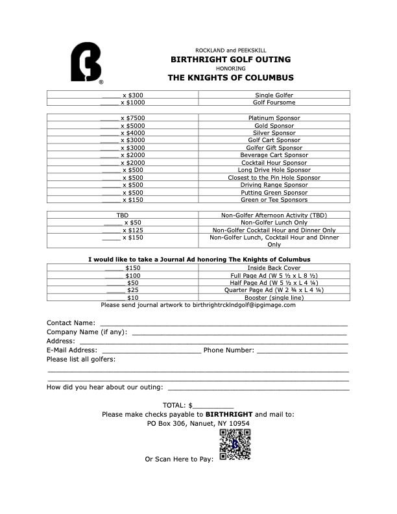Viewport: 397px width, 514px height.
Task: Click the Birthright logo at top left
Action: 86,63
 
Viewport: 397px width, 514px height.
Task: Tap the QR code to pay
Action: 234,445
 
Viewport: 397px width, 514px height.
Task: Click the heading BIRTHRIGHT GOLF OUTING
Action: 230,59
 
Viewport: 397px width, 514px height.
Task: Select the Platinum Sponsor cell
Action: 274,118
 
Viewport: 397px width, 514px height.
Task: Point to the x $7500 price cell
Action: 123,118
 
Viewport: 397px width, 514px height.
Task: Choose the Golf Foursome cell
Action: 274,103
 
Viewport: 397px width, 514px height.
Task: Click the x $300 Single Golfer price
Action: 123,95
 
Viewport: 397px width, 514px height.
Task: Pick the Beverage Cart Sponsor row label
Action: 274,155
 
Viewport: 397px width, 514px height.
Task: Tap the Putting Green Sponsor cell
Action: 274,193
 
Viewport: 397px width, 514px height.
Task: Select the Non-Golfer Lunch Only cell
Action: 274,222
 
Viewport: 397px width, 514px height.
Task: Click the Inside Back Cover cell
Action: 274,267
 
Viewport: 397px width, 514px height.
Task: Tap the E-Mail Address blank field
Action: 151,350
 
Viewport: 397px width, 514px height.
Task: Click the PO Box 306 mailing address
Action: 198,423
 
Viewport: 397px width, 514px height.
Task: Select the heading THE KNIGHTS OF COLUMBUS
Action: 230,78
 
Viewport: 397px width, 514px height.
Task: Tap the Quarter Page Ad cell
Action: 274,290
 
